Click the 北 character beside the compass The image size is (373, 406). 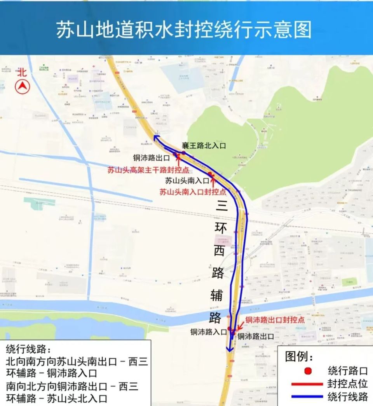tap(22, 72)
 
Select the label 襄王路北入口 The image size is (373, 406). tap(204, 146)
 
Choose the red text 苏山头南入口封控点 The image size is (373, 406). tap(193, 192)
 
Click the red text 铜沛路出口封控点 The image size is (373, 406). tap(275, 320)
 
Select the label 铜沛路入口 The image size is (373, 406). tap(209, 332)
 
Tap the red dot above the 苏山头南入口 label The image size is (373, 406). tap(210, 174)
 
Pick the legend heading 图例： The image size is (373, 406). tap(299, 356)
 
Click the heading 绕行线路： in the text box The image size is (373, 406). tap(28, 348)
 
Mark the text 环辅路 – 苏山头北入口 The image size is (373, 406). tap(57, 399)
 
